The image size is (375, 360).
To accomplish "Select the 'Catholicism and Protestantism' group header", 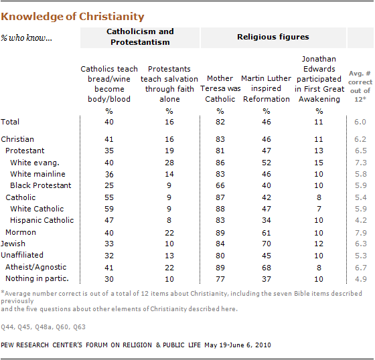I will tap(140, 37).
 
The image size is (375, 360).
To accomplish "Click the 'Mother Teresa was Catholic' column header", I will tap(220, 88).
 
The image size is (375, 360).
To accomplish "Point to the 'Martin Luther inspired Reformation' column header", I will tap(267, 88).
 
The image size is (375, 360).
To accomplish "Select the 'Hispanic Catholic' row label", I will tap(42, 220).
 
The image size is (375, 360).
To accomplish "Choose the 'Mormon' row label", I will tap(21, 232).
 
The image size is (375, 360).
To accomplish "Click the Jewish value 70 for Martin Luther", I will tap(267, 244).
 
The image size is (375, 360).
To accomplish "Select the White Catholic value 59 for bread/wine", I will tap(108, 209).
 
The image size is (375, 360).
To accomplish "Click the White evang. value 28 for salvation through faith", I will tap(169, 163).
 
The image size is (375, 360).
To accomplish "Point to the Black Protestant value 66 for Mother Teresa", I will tap(220, 185).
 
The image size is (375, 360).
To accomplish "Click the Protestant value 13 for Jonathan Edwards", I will tap(318, 151).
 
